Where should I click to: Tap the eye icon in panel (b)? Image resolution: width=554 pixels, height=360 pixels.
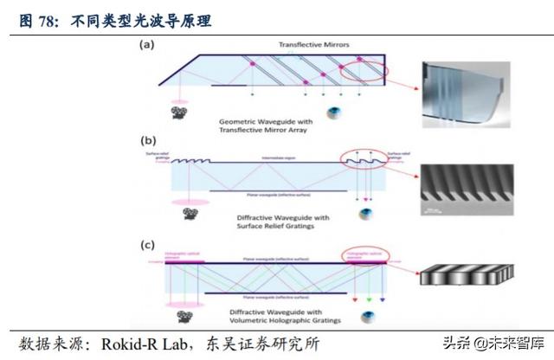pos(368,213)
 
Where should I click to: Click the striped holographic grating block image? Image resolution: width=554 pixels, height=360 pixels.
pos(461,278)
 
